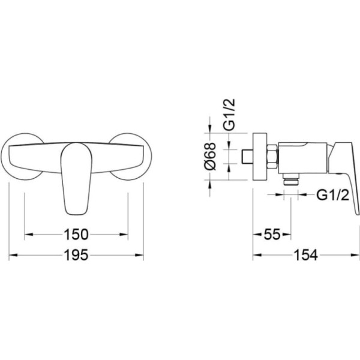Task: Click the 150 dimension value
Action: point(76,235)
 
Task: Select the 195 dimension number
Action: point(76,255)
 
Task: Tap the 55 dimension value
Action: point(272,235)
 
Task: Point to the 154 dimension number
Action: point(306,255)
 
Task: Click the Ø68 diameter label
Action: point(210,157)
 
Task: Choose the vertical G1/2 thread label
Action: point(229,115)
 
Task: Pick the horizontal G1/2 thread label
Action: point(332,196)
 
